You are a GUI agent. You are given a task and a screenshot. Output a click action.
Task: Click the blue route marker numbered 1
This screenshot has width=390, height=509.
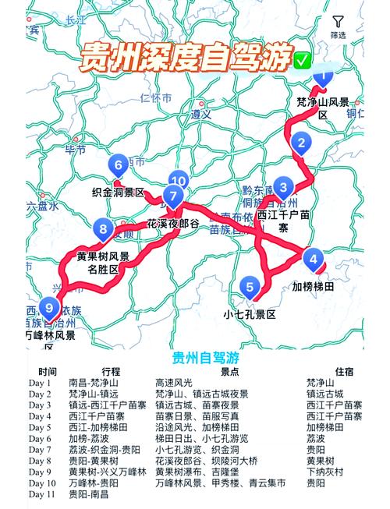pyautogui.click(x=322, y=76)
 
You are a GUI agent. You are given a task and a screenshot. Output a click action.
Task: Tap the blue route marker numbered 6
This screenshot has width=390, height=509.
pyautogui.click(x=119, y=165)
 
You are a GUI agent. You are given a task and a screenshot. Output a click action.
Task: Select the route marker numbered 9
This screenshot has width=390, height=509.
pyautogui.click(x=50, y=306)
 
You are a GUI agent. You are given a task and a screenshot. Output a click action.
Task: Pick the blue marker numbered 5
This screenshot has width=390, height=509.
pyautogui.click(x=250, y=287)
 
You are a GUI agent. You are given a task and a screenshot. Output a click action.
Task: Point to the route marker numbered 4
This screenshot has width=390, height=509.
pyautogui.click(x=313, y=259)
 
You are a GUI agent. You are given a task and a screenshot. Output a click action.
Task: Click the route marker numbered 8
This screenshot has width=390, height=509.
pyautogui.click(x=104, y=229)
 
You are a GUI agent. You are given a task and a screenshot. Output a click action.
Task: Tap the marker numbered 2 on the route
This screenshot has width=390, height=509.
pyautogui.click(x=300, y=143)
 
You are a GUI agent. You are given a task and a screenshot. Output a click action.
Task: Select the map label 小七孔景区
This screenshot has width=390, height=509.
pyautogui.click(x=250, y=315)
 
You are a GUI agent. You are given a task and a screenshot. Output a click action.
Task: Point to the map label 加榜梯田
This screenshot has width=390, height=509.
pyautogui.click(x=314, y=287)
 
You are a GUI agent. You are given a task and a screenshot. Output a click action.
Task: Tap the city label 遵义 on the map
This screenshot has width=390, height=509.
pyautogui.click(x=201, y=114)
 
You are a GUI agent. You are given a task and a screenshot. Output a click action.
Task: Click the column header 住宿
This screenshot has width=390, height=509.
pyautogui.click(x=344, y=371)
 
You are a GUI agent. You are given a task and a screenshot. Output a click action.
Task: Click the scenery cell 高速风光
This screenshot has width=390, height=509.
pyautogui.click(x=175, y=383)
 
